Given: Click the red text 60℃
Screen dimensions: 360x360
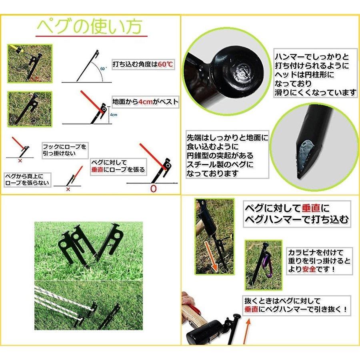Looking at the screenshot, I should [x=166, y=64].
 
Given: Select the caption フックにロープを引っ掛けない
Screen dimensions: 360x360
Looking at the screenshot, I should [x=64, y=150].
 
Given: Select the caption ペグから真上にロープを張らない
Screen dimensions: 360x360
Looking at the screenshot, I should [x=27, y=179].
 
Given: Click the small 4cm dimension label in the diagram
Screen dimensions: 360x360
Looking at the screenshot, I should [x=114, y=115].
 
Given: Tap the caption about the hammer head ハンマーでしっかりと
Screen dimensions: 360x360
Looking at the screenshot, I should [x=315, y=74].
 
